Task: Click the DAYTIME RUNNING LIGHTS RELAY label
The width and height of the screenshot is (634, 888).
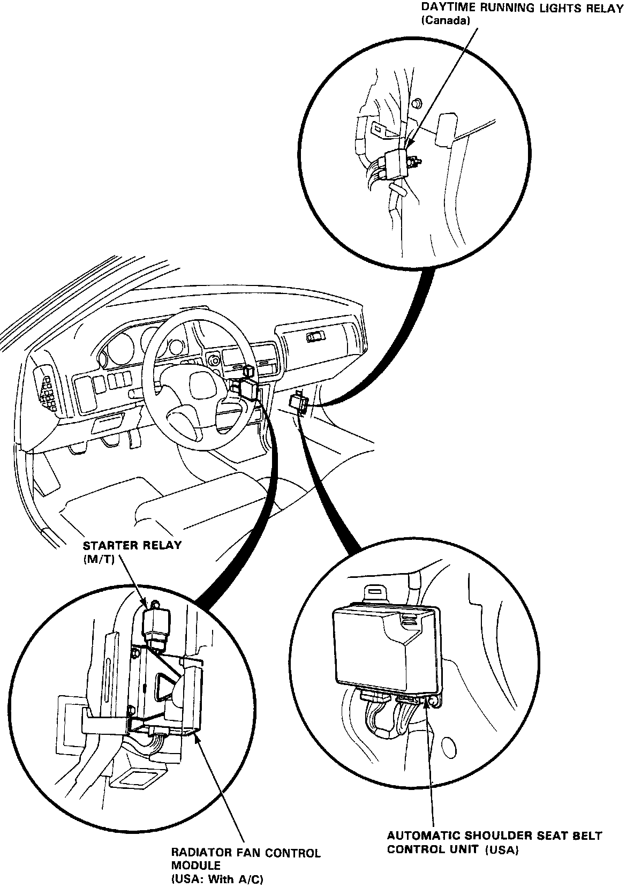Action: (x=522, y=9)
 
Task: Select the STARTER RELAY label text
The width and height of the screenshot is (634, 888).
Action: (x=132, y=546)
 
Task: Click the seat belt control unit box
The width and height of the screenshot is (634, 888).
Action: (x=386, y=648)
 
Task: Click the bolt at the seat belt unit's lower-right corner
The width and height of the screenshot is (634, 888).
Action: (x=435, y=702)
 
